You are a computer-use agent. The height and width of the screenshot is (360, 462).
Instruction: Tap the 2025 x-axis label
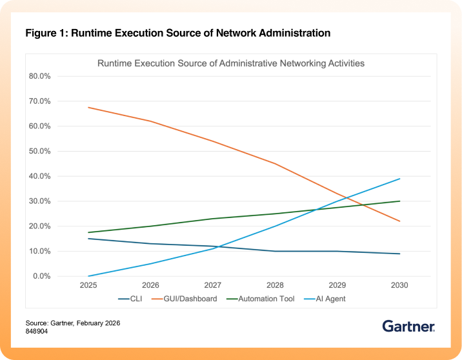[88, 285]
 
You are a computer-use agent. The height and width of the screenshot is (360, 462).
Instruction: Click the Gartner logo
[408, 326]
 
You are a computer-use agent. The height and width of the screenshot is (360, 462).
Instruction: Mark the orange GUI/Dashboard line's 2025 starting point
[88, 107]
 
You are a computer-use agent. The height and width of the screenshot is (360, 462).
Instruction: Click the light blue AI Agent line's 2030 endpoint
[400, 179]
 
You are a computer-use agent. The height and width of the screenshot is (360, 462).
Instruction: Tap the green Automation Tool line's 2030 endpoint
[400, 201]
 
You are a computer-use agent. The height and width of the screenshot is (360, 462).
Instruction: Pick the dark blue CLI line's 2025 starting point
[88, 239]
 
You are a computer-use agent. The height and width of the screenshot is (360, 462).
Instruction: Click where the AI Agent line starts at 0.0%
[88, 276]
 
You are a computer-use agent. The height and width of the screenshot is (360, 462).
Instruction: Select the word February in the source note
[95, 323]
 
